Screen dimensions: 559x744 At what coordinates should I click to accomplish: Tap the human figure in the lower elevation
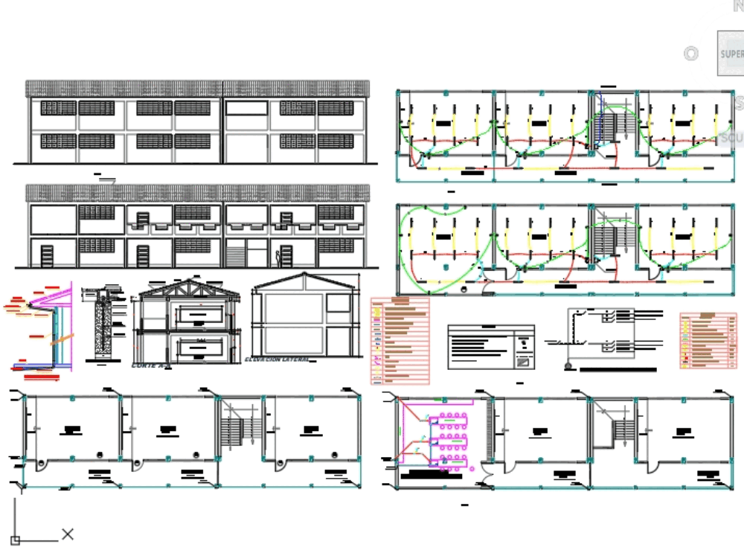(x=279, y=258)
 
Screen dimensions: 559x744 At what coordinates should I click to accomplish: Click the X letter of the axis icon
(x=68, y=534)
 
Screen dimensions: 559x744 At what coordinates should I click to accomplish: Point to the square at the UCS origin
(x=15, y=540)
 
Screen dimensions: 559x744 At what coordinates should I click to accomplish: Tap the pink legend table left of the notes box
(x=400, y=340)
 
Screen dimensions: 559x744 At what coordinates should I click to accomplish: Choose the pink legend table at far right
(x=708, y=341)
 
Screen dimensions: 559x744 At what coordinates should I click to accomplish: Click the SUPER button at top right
(x=730, y=54)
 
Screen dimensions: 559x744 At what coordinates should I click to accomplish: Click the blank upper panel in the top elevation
(x=246, y=108)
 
